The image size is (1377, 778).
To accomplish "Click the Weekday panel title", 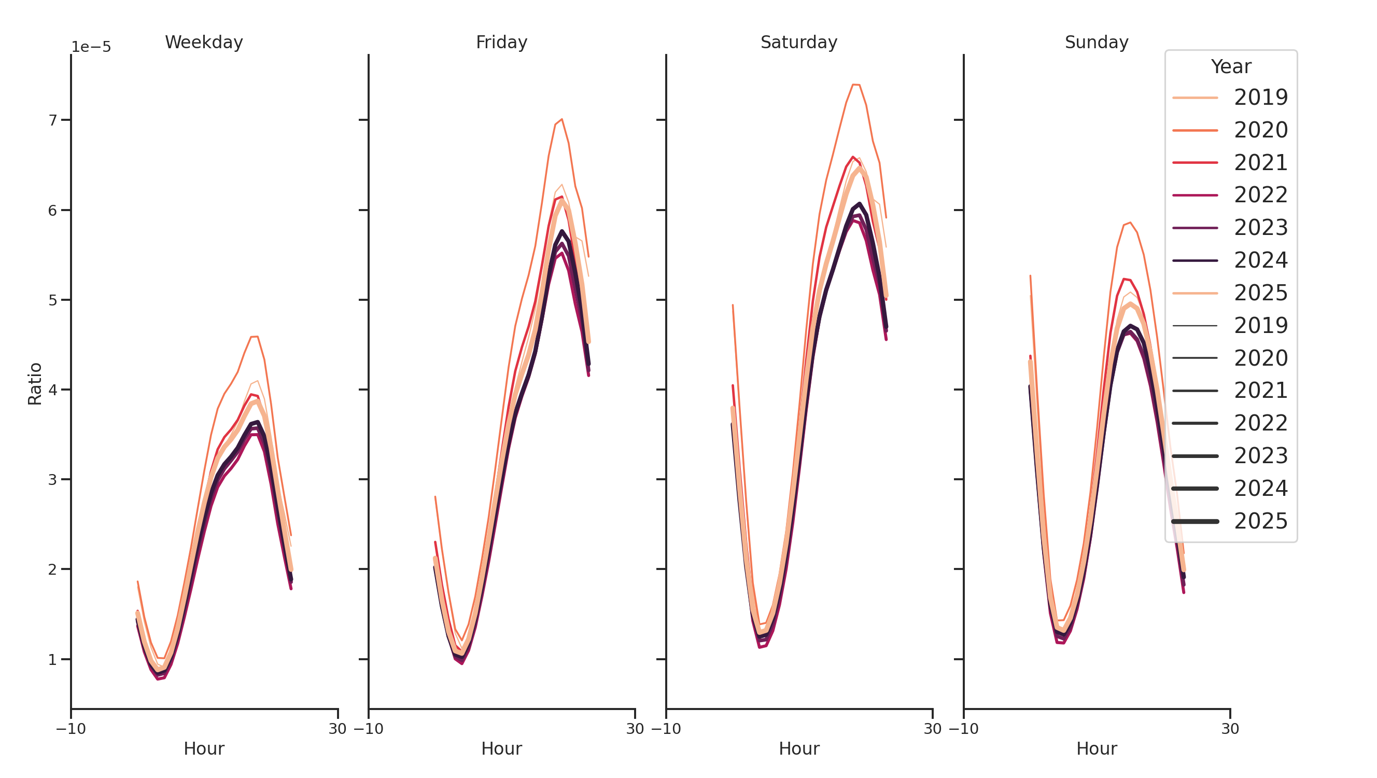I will click(x=204, y=42).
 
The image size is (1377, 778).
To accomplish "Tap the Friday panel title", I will click(x=501, y=42).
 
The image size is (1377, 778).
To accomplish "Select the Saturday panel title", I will click(x=798, y=42).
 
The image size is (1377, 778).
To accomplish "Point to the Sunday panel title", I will click(x=1097, y=42).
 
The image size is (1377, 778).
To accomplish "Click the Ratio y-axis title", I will click(x=35, y=384).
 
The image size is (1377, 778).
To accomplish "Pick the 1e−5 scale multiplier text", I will click(x=91, y=47).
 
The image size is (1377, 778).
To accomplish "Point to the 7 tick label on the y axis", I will click(x=52, y=120).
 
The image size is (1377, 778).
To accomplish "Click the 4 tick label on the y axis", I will click(x=52, y=390).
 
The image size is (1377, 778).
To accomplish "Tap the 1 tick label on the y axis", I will click(x=52, y=660).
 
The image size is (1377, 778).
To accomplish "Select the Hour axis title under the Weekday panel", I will click(x=204, y=748).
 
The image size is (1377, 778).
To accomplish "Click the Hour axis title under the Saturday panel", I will click(x=798, y=748).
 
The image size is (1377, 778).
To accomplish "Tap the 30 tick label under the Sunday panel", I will click(x=1230, y=729).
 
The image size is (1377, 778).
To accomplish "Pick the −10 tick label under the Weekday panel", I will click(x=71, y=729).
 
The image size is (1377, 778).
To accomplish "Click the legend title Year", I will click(x=1230, y=67).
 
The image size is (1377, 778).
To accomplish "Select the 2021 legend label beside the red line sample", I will click(x=1260, y=162).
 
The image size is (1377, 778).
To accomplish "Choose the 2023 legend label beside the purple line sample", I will click(x=1260, y=228).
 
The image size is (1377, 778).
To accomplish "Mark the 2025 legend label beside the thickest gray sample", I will click(x=1260, y=521).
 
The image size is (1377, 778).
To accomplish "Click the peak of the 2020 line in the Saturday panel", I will click(x=856, y=85).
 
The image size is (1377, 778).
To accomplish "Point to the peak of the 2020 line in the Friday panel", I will click(x=562, y=119).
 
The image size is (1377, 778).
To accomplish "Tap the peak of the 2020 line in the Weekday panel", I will click(x=255, y=336).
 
